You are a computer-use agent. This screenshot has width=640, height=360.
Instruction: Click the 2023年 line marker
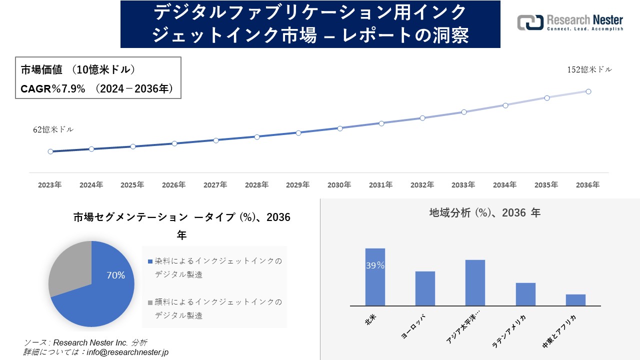click(50, 151)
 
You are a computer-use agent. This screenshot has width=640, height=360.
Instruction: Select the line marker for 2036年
click(588, 91)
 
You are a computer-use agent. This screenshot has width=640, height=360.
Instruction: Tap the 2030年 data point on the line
click(340, 128)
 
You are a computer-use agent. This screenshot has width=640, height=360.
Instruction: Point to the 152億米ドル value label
click(589, 70)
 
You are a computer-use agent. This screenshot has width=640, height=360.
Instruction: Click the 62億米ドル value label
click(53, 129)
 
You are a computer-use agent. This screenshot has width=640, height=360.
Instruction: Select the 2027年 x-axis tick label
click(215, 185)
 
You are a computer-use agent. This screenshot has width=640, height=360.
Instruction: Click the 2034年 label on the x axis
click(504, 185)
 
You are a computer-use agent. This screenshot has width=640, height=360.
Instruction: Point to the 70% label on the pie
click(115, 275)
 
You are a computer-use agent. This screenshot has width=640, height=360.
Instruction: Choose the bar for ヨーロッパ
click(425, 288)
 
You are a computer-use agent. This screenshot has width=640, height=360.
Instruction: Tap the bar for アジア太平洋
click(475, 283)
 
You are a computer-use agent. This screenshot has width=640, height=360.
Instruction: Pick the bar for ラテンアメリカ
click(525, 294)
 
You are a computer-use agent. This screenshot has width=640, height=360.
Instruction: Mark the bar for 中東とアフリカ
click(575, 300)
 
